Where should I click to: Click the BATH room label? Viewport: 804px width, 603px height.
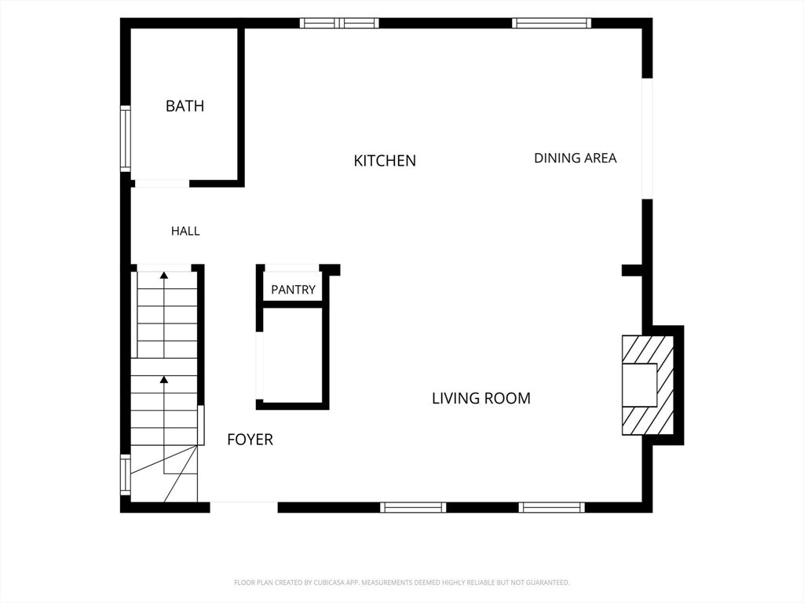click(185, 106)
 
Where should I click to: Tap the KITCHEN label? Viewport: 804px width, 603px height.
click(385, 161)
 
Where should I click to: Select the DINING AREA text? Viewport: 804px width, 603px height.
click(576, 158)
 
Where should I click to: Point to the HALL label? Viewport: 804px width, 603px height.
click(185, 232)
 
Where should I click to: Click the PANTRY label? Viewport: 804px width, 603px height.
click(293, 290)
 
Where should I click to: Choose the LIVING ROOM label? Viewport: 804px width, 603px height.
click(481, 398)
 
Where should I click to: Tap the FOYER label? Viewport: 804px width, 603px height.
click(250, 440)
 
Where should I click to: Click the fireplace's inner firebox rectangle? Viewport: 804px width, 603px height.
click(639, 385)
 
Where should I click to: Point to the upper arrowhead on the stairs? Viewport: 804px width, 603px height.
click(164, 276)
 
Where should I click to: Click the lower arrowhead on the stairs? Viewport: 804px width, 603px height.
click(164, 379)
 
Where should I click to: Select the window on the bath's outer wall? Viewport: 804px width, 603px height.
click(125, 138)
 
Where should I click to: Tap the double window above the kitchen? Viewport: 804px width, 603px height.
click(339, 23)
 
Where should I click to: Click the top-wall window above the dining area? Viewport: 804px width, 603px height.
click(551, 23)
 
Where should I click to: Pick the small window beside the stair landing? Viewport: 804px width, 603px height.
click(125, 474)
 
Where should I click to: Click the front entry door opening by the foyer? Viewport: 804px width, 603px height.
click(243, 503)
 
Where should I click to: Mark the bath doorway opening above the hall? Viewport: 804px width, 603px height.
click(162, 184)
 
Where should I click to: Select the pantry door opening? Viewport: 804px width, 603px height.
click(292, 269)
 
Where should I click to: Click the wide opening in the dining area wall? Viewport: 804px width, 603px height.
click(648, 138)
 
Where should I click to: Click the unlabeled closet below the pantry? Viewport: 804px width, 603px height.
click(293, 356)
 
